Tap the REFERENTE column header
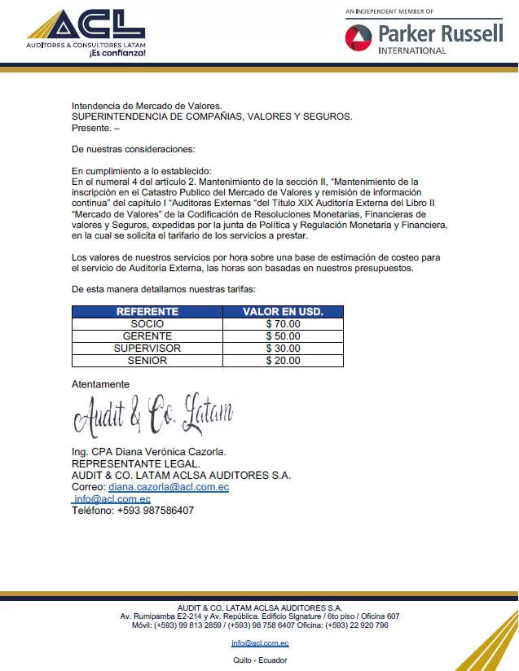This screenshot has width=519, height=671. click(147, 312)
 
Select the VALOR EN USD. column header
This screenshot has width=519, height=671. click(283, 312)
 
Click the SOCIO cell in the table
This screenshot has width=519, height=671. click(147, 324)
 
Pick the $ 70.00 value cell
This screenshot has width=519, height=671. click(283, 324)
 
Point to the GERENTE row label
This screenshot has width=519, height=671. click(147, 336)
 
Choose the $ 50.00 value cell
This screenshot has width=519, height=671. click(283, 336)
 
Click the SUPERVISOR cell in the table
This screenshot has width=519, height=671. click(147, 349)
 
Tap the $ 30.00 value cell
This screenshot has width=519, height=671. click(283, 349)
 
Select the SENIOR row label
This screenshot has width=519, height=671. click(147, 361)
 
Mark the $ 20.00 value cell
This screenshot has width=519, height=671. click(283, 361)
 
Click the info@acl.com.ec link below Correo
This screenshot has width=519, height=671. click(112, 499)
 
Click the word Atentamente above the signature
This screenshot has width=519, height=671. click(100, 384)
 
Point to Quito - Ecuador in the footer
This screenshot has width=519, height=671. click(259, 660)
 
